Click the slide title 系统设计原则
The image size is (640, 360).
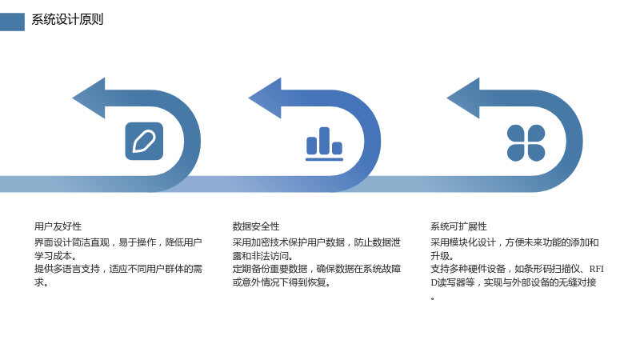[x=67, y=19]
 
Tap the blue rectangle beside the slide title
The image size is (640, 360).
[x=12, y=22]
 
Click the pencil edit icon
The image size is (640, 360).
[x=144, y=142]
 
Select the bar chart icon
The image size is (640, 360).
[x=325, y=144]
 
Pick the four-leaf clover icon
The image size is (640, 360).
[x=526, y=143]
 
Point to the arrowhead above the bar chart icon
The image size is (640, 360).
[x=266, y=98]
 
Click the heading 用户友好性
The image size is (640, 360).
[x=58, y=226]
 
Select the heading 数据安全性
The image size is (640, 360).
[x=256, y=226]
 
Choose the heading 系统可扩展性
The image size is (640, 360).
[x=458, y=226]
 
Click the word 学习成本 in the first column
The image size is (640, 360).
[x=53, y=256]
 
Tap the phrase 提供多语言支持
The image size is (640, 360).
[x=67, y=269]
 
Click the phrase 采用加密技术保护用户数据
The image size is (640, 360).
[x=289, y=242]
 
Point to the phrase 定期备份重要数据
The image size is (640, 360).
[x=270, y=269]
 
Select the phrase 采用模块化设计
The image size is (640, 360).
[x=463, y=242]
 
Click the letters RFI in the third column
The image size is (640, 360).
[x=596, y=269]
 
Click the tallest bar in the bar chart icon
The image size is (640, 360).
[x=324, y=141]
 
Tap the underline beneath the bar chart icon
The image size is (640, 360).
[x=325, y=159]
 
